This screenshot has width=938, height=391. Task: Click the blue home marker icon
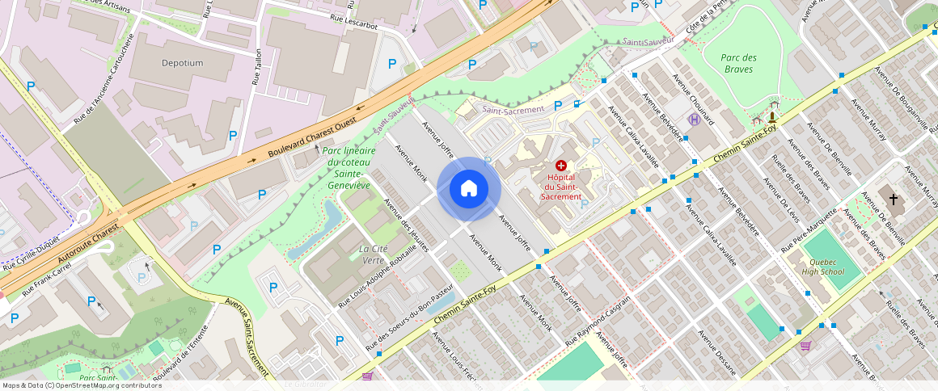(469, 189)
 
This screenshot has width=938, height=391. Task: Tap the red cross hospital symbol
(561, 165)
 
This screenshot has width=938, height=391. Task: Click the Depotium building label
(182, 63)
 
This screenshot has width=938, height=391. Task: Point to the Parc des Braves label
(739, 63)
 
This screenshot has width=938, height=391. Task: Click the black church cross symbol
(894, 199)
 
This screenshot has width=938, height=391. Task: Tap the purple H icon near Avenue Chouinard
(693, 120)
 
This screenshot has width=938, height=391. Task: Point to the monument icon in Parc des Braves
(772, 118)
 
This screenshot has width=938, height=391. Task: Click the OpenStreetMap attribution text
(81, 385)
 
